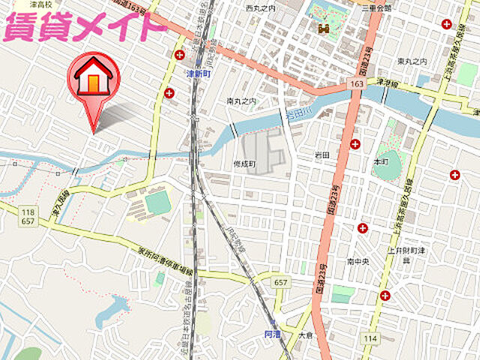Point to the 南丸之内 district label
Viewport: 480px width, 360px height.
(x=241, y=100)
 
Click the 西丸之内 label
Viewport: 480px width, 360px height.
(x=260, y=7)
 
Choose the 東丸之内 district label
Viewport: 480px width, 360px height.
(x=412, y=61)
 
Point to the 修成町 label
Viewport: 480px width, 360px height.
(x=244, y=163)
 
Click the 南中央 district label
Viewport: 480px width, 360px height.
(x=358, y=262)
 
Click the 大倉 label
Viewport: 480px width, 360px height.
(x=304, y=334)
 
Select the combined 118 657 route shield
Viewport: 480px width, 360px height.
(x=28, y=217)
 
